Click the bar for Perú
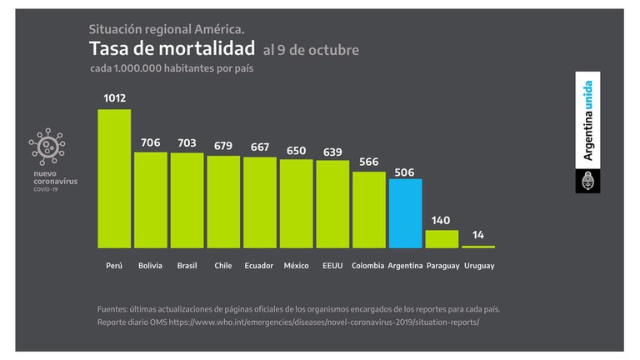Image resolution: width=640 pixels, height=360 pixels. [x=114, y=178]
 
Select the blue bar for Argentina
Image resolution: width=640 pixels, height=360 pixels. [x=405, y=213]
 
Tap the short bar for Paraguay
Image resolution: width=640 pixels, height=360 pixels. [x=442, y=239]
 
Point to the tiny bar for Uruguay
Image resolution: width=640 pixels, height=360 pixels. [x=478, y=247]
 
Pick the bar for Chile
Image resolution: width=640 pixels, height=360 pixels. [x=223, y=202]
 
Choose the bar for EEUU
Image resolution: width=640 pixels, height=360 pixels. [x=332, y=204]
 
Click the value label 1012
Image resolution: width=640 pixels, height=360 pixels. [x=115, y=98]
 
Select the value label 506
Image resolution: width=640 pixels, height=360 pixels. [x=405, y=172]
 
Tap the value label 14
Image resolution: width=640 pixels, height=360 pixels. [x=478, y=235]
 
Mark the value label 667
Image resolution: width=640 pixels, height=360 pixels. [x=260, y=147]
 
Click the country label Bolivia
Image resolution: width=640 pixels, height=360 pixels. [x=151, y=265]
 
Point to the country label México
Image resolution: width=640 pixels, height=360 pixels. [x=296, y=265]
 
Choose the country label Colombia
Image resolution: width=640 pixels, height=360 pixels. [x=368, y=265]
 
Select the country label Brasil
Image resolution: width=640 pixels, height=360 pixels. [x=187, y=265]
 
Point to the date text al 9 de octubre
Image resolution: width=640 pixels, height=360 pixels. [x=311, y=50]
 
